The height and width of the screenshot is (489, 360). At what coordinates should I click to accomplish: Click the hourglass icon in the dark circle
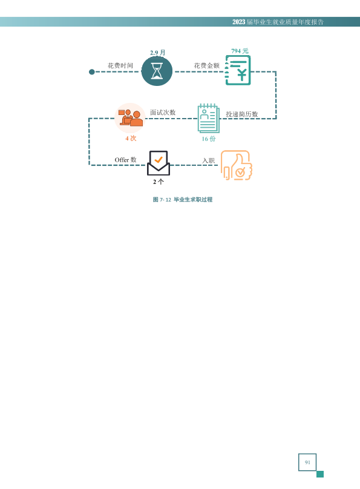157,71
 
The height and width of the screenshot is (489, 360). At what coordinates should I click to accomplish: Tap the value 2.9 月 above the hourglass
158,53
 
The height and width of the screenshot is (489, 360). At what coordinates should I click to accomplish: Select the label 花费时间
120,65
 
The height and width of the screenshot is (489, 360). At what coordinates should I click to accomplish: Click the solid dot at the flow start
91,72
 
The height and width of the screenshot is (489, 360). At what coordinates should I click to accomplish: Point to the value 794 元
240,51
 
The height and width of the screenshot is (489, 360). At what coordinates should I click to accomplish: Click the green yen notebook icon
238,70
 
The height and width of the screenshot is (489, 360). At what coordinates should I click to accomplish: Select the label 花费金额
207,65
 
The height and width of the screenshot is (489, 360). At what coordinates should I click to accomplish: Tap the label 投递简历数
242,114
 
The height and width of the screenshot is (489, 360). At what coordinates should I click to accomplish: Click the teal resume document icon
209,119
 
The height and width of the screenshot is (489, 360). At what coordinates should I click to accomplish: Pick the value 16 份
209,139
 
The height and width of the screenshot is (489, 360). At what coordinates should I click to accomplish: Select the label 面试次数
163,113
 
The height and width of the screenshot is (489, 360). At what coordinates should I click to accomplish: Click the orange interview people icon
130,118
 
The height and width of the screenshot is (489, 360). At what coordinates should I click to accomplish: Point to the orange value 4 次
131,138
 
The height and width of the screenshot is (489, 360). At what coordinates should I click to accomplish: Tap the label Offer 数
126,160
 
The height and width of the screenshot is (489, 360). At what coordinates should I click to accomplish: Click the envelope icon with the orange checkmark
159,163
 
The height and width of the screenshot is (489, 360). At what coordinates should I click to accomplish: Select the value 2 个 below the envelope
159,182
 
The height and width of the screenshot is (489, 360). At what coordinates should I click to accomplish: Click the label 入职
209,160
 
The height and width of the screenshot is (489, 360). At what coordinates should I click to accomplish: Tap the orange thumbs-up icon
236,165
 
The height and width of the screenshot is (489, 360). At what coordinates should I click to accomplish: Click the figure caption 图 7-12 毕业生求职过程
183,200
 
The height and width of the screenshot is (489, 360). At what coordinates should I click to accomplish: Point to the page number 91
307,462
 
